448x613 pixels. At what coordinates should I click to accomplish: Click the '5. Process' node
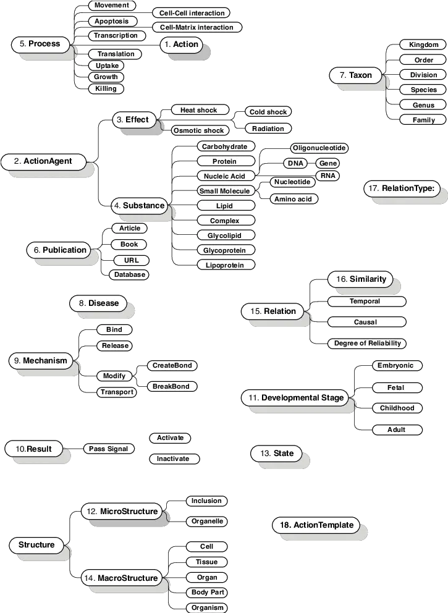[40, 44]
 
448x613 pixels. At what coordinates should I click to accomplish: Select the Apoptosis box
[111, 21]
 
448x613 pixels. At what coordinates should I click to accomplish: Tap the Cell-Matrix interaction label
[197, 27]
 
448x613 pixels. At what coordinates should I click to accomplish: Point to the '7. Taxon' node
[355, 75]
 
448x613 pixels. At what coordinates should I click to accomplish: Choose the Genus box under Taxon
[423, 105]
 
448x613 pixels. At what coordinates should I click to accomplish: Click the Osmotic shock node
[198, 130]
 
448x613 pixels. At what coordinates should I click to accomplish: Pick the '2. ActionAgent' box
[43, 161]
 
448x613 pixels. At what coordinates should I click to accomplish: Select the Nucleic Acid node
[224, 176]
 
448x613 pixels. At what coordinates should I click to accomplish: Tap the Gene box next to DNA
[328, 163]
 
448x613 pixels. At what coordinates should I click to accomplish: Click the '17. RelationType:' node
[402, 188]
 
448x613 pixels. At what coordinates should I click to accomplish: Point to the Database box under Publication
[129, 274]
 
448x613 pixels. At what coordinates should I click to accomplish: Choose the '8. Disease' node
[98, 303]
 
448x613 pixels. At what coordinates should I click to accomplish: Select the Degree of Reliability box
[367, 343]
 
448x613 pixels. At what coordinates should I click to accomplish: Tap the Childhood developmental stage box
[397, 408]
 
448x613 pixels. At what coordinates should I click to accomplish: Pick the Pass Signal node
[108, 449]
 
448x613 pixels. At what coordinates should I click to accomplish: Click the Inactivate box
[174, 459]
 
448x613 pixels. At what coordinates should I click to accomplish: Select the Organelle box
[207, 521]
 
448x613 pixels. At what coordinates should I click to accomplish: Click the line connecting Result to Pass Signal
[73, 449]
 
